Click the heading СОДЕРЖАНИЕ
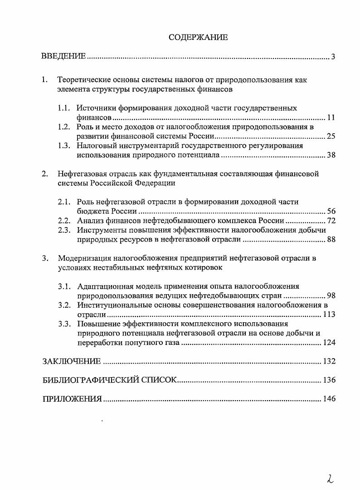point(198,37)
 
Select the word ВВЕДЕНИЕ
point(63,56)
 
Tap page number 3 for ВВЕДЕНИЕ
point(333,57)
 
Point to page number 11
point(331,118)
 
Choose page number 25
point(331,136)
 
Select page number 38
point(331,155)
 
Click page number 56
point(331,212)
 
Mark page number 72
point(331,221)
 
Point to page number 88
point(331,239)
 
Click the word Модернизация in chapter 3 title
point(84,258)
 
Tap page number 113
point(329,314)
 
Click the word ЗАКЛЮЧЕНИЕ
point(71,361)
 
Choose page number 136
point(329,380)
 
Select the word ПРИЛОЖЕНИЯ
point(72,399)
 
